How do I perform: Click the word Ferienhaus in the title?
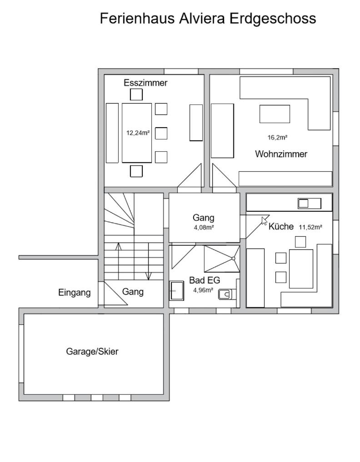138,18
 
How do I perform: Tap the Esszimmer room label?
145,83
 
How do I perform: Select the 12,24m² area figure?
138,133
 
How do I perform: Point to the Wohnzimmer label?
281,154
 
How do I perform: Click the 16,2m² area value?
277,137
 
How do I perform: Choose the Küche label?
281,226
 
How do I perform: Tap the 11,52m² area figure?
310,227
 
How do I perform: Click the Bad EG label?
205,280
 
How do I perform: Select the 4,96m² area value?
203,290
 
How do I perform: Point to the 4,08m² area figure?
204,228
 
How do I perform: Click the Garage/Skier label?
92,352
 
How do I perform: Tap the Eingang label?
74,293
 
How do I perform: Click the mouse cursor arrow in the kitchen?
264,221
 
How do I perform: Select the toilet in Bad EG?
225,294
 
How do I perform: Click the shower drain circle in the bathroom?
233,258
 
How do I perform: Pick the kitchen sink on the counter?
309,204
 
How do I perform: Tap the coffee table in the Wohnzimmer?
275,114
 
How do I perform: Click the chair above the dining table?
136,94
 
